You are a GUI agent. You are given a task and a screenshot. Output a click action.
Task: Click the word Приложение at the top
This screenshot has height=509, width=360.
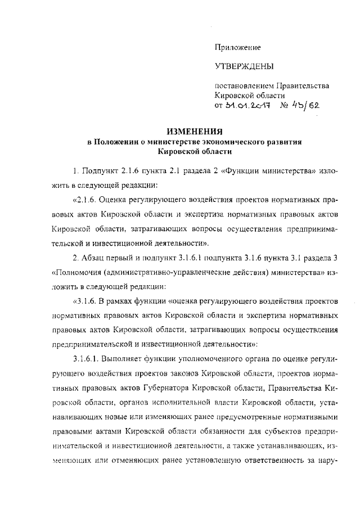click(238, 48)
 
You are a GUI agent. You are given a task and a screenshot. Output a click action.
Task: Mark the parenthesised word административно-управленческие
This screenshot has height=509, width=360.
click(169, 273)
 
